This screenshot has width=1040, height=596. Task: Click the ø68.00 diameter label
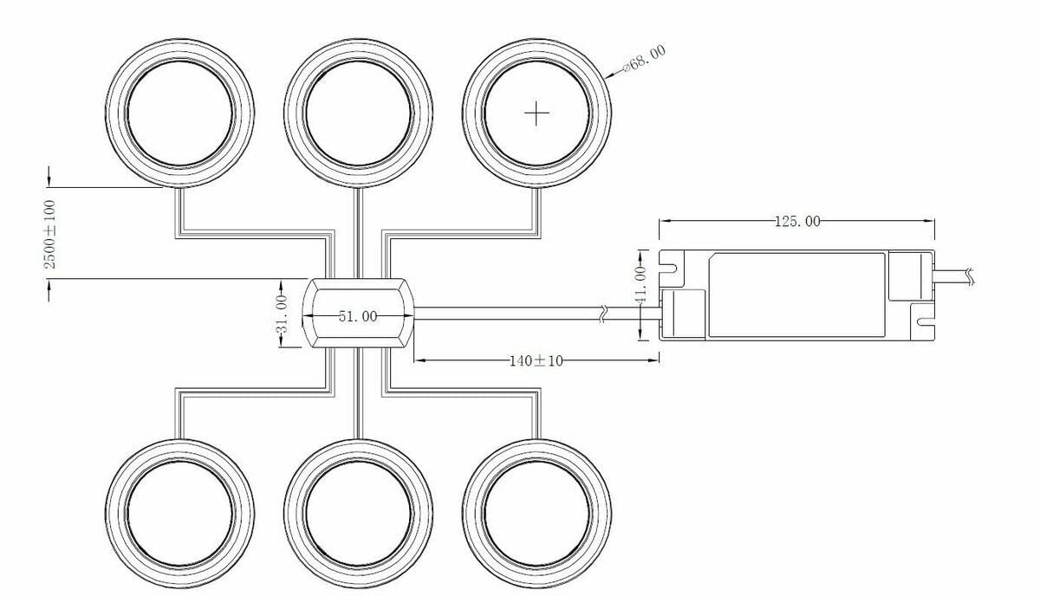click(x=645, y=59)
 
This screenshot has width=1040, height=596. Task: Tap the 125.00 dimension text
click(x=797, y=222)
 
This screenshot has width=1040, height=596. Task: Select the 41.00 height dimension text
click(x=641, y=284)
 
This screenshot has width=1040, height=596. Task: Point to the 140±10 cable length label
click(x=536, y=360)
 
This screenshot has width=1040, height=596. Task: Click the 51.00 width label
click(x=358, y=316)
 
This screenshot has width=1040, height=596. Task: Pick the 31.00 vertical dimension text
click(x=283, y=314)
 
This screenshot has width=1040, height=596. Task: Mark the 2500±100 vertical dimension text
click(x=49, y=235)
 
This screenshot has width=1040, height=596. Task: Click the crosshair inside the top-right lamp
click(x=536, y=113)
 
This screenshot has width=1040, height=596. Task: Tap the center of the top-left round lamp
click(x=179, y=113)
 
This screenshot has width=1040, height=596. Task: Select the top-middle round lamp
click(x=359, y=113)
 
